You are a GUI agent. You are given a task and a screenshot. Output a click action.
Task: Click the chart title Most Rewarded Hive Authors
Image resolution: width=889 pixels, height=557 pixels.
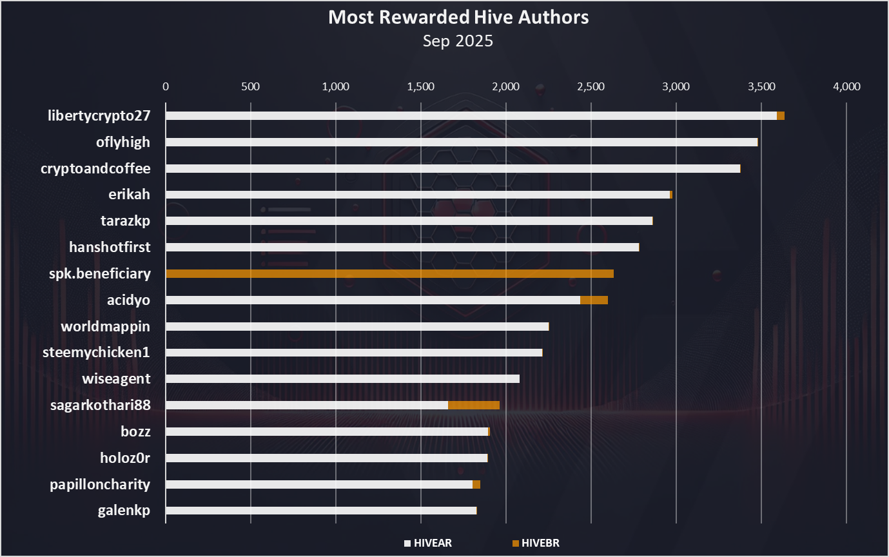pyautogui.click(x=458, y=17)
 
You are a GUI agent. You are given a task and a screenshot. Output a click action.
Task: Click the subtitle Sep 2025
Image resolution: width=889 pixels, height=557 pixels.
pyautogui.click(x=458, y=41)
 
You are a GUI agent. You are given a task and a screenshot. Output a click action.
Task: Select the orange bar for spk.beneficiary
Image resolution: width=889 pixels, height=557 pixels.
pyautogui.click(x=389, y=273)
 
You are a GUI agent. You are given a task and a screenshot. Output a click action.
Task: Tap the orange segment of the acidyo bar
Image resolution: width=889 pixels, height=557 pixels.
pyautogui.click(x=594, y=300)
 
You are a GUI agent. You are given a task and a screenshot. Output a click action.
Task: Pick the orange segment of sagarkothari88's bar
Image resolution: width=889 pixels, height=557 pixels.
pyautogui.click(x=474, y=405)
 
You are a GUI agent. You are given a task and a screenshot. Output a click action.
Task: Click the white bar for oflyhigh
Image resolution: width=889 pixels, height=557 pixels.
pyautogui.click(x=462, y=142)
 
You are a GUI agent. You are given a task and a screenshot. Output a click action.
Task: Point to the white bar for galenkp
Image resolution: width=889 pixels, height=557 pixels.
pyautogui.click(x=321, y=511)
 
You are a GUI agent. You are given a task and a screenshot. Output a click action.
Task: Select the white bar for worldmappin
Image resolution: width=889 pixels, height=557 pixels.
pyautogui.click(x=357, y=326)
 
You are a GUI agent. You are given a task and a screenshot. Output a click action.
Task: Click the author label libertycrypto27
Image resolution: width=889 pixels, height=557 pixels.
pyautogui.click(x=99, y=116)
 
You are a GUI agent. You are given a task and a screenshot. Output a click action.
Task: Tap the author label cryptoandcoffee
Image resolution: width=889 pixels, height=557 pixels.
pyautogui.click(x=95, y=169)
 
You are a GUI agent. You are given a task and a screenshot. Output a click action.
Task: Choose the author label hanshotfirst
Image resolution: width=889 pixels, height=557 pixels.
pyautogui.click(x=110, y=247)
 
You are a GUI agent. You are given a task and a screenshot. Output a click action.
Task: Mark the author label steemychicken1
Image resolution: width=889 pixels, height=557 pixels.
pyautogui.click(x=96, y=353)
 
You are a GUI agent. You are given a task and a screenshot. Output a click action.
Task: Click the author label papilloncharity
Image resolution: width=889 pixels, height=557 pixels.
pyautogui.click(x=100, y=484)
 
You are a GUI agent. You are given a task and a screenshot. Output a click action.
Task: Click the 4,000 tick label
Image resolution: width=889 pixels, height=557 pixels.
pyautogui.click(x=846, y=86)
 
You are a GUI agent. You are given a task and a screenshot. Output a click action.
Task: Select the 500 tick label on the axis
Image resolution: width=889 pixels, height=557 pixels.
pyautogui.click(x=250, y=86)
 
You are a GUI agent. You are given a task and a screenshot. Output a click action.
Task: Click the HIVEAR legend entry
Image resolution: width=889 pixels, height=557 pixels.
pyautogui.click(x=427, y=543)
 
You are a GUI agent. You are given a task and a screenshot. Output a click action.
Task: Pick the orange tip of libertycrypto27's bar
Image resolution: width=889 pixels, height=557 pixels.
pyautogui.click(x=781, y=116)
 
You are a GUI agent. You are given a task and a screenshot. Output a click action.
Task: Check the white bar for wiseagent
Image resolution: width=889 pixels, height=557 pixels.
pyautogui.click(x=342, y=378)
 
